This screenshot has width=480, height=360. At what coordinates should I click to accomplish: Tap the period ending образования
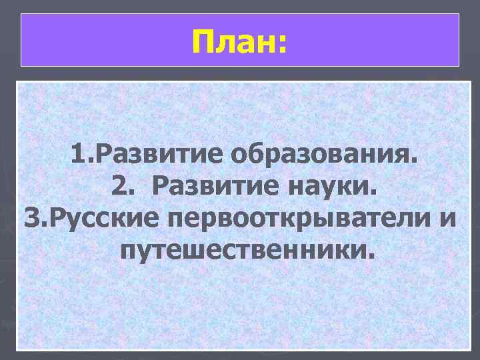point(415,165)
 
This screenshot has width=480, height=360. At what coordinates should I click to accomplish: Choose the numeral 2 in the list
point(119,188)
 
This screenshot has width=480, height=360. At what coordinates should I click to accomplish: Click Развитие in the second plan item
point(215,188)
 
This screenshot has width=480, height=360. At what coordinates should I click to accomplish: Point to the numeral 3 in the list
point(31,218)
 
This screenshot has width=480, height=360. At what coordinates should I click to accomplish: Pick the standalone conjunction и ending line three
point(445,221)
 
